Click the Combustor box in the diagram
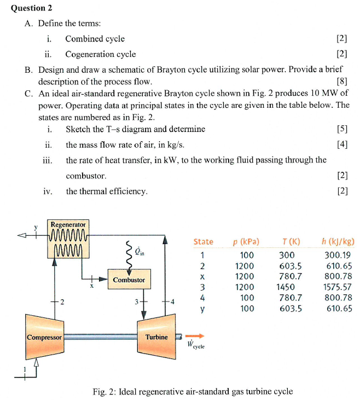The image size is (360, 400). coord(129,280)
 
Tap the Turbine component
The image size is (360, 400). coord(156,337)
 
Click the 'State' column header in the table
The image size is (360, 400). coord(204,241)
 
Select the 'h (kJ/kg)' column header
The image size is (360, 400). coord(338,241)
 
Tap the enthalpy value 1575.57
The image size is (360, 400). coord(339,287)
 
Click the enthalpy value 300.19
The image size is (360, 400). coord(339,254)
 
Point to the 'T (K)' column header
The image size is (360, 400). coord(291,241)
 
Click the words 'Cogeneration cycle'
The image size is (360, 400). coord(101,54)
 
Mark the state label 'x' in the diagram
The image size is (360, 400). coord(92,285)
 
